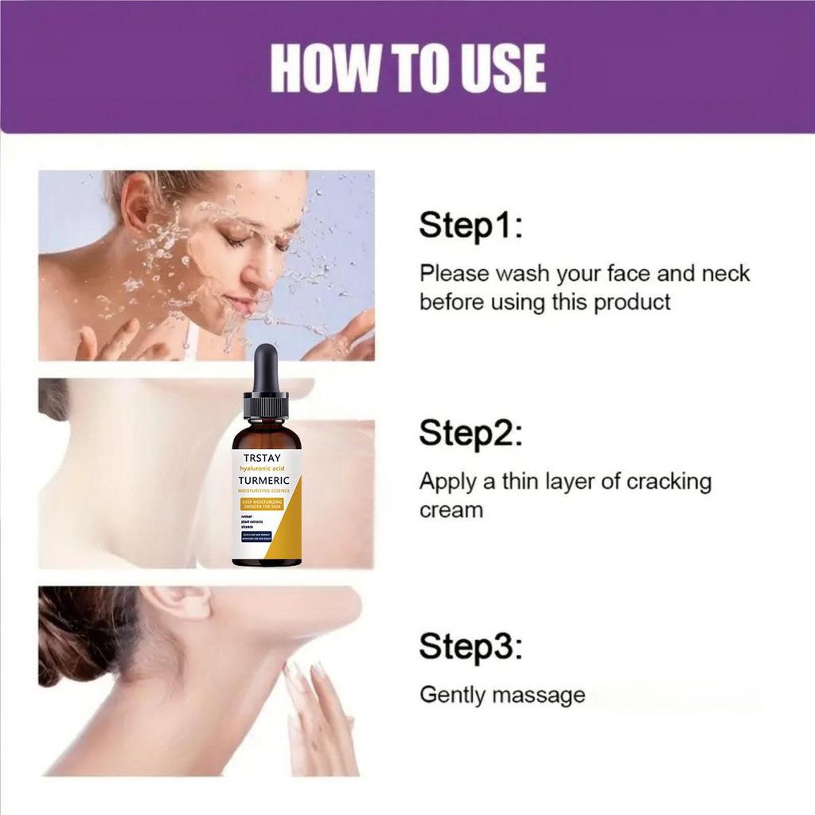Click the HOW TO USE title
[407, 68]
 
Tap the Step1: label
[470, 225]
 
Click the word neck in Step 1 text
[725, 274]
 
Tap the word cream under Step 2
[450, 510]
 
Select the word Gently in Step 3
[452, 695]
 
